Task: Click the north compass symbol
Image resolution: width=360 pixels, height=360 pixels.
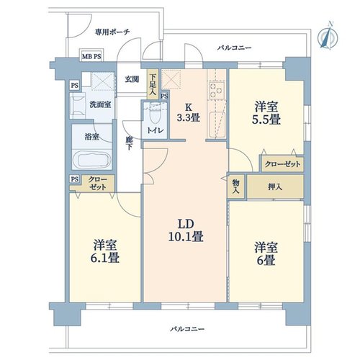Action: [x=328, y=36]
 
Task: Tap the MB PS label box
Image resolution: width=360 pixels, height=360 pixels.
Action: [x=91, y=57]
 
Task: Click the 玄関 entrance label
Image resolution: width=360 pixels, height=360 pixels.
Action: [x=132, y=79]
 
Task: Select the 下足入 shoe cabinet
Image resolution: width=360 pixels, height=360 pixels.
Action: [x=153, y=84]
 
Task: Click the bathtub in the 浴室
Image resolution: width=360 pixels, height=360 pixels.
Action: [x=92, y=159]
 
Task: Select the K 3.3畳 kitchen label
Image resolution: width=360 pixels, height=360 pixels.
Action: [x=189, y=113]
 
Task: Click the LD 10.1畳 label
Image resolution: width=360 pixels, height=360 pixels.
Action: [x=186, y=230]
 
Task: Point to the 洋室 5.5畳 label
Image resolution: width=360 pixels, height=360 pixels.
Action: [x=266, y=113]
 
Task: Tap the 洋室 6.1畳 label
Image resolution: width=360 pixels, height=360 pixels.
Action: [x=105, y=251]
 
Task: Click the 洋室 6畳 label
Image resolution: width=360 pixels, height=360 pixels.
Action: [x=266, y=253]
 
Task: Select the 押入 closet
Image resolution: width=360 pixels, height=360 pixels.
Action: [x=275, y=186]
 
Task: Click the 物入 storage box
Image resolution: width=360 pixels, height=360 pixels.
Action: [x=236, y=186]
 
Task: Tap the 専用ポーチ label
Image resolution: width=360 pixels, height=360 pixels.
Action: [x=112, y=32]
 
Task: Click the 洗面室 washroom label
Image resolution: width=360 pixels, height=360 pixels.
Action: [x=100, y=104]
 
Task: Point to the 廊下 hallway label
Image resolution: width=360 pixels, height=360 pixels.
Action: [x=130, y=143]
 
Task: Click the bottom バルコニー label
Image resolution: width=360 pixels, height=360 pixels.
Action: [x=187, y=329]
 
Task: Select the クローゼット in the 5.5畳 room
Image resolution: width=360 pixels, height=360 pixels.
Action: [x=282, y=164]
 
